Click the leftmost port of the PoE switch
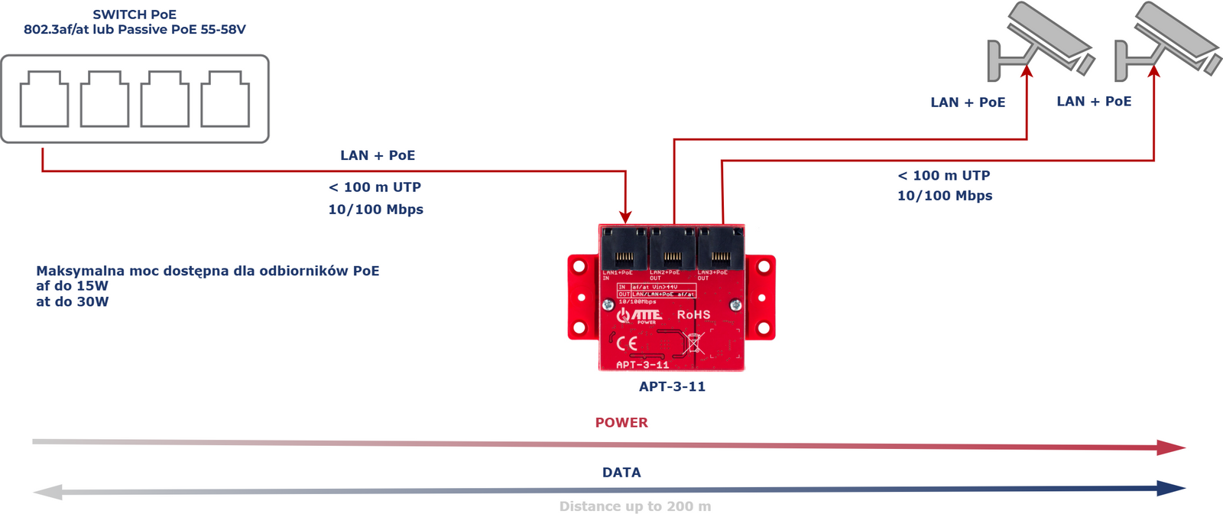coord(44,99)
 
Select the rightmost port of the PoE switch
coord(225,99)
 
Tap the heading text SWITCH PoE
coord(135,15)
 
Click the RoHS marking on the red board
coord(693,314)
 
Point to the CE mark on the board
coord(627,343)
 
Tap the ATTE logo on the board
coord(640,315)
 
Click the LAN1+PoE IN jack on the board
coord(624,249)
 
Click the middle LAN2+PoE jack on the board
coord(673,249)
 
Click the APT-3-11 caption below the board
coord(672,386)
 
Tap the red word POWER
coord(621,422)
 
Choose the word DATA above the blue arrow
coord(621,472)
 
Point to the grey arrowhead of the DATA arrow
coord(48,492)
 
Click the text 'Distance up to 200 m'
coord(634,506)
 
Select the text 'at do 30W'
coord(73,301)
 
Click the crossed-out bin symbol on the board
coord(693,343)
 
